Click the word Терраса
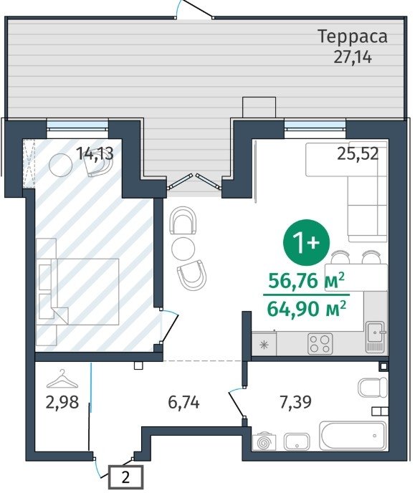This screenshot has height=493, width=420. (353, 37)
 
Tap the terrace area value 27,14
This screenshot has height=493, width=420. (353, 57)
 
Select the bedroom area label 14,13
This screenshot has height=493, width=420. (95, 153)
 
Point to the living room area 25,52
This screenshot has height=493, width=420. (358, 154)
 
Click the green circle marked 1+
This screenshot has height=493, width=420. (306, 242)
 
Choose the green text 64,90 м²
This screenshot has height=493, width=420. (307, 308)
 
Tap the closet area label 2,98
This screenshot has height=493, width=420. (62, 402)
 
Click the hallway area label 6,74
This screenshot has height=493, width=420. (184, 402)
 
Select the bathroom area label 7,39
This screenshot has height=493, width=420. (296, 401)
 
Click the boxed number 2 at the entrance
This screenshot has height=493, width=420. (125, 477)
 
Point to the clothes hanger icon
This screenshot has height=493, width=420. (62, 378)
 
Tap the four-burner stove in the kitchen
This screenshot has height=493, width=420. (320, 343)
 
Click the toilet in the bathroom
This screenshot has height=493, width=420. (373, 388)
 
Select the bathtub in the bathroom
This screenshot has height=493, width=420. (353, 436)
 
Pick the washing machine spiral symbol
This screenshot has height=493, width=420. (264, 442)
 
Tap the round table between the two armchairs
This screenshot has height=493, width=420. (183, 248)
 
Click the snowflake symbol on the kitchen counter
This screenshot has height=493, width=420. (264, 345)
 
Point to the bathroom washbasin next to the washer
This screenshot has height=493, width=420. (297, 441)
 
